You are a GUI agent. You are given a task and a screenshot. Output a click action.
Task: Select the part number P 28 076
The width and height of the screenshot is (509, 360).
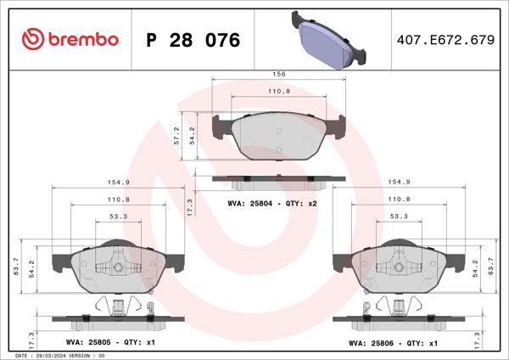(193, 40)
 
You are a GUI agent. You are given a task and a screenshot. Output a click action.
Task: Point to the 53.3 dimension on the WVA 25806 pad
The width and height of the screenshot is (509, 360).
(399, 217)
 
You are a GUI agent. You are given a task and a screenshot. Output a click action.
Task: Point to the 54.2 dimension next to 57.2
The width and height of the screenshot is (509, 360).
(193, 136)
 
